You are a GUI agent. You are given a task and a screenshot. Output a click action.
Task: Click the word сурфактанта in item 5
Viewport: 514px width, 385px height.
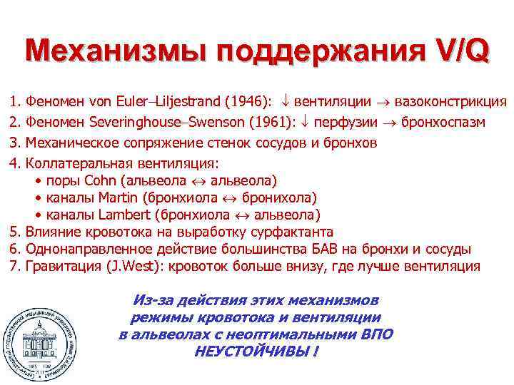pyautogui.click(x=291, y=232)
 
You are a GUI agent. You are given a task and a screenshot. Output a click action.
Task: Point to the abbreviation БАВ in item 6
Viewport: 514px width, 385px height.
pyautogui.click(x=329, y=249)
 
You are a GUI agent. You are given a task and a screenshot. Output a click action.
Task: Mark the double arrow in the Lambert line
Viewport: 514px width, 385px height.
pyautogui.click(x=240, y=215)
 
